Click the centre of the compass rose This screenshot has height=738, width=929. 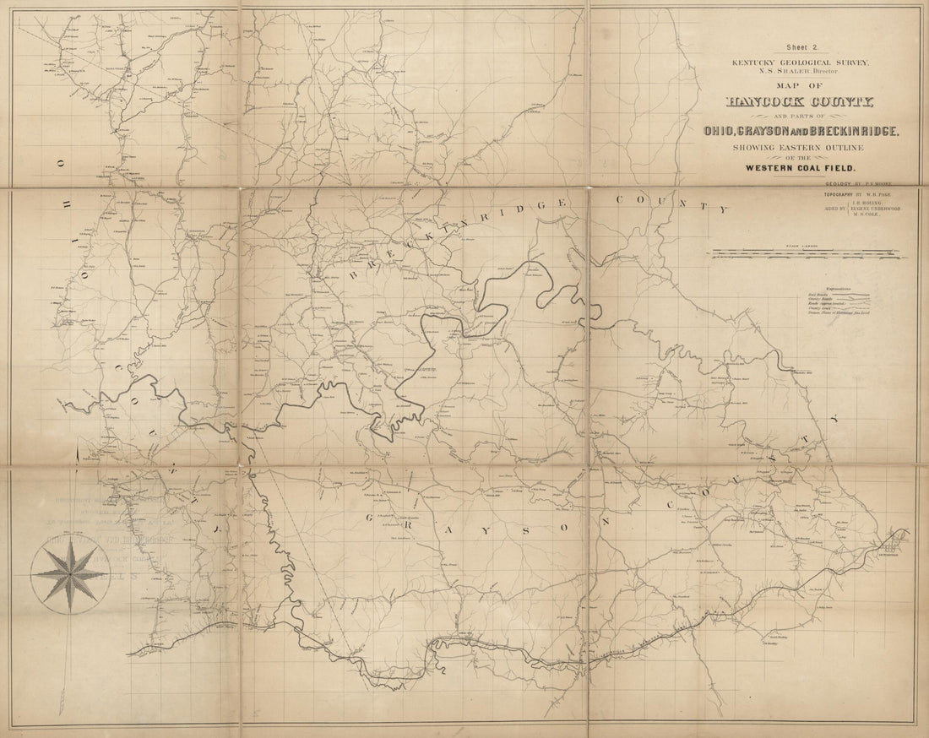[69, 577]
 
